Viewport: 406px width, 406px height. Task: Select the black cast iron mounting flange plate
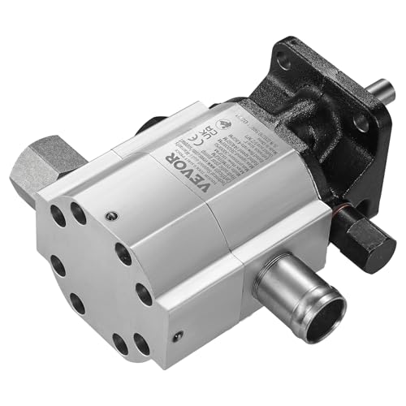[x=325, y=114]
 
